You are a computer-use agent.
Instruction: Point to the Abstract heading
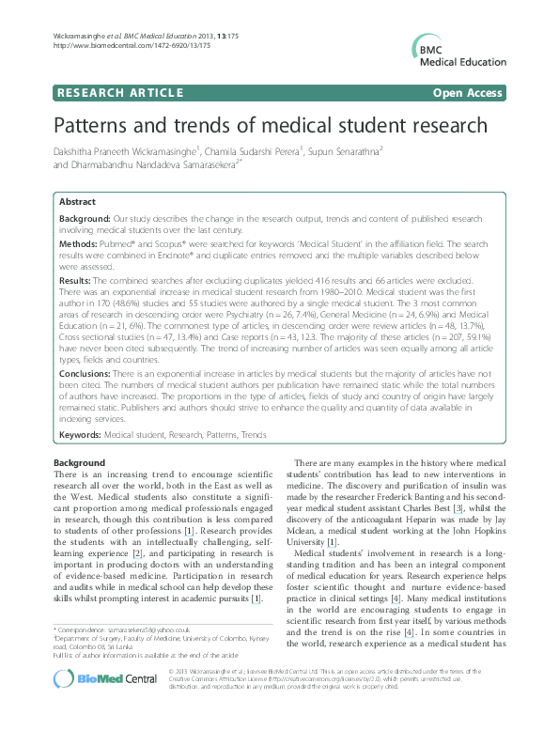point(77,202)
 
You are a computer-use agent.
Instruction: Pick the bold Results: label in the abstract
point(75,280)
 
